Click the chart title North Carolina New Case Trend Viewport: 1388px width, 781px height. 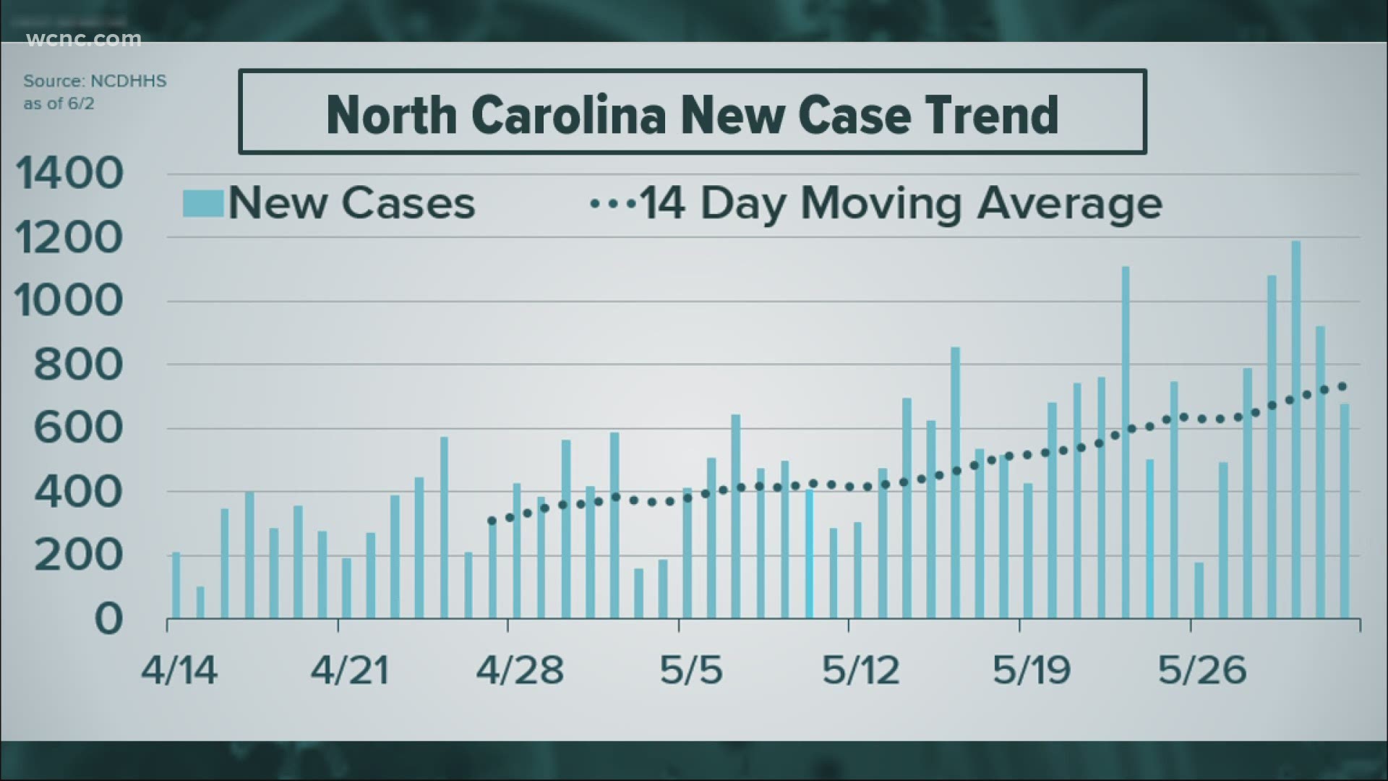coord(692,114)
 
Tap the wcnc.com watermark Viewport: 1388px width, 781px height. coord(84,39)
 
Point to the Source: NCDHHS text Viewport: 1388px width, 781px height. coord(95,81)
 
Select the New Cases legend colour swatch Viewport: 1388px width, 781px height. coord(202,203)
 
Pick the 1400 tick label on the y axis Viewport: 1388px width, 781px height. coord(69,174)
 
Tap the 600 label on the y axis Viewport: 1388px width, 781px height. coord(78,429)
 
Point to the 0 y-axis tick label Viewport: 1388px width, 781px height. coord(108,620)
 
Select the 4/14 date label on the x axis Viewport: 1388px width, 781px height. coord(179,671)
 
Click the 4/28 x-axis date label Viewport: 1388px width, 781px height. coord(519,671)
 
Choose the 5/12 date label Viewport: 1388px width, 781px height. coord(860,671)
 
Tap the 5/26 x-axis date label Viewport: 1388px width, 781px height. coord(1201,671)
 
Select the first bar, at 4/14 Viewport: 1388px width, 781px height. coord(176,585)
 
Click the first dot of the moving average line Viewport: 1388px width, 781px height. coord(492,521)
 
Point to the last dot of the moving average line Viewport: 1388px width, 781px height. coord(1342,386)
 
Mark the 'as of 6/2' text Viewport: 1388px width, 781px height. coord(59,104)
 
